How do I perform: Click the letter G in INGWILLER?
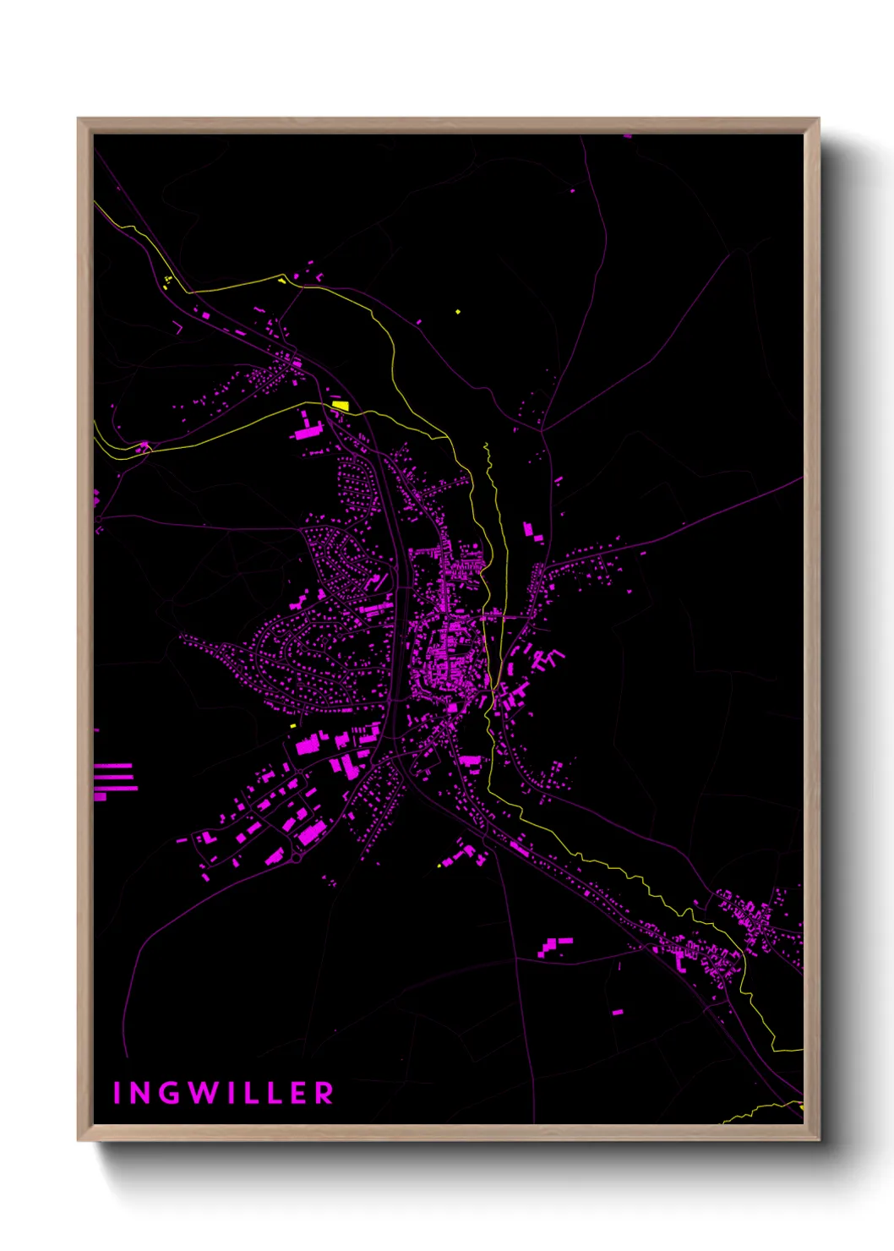(166, 1093)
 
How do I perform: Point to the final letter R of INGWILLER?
(324, 1093)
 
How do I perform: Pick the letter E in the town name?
(297, 1093)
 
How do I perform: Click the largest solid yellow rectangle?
(341, 405)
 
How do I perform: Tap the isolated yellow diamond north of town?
(458, 312)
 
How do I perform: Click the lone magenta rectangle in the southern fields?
(618, 1011)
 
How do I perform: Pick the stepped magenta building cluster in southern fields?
(553, 945)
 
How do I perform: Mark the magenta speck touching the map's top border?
(627, 135)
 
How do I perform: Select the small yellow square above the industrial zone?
(293, 725)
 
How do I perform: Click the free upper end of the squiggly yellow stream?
(486, 445)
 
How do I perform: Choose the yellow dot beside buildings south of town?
(439, 864)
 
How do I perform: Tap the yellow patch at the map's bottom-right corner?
(800, 1106)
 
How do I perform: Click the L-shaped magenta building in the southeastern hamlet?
(680, 959)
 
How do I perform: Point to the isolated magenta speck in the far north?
(572, 191)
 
